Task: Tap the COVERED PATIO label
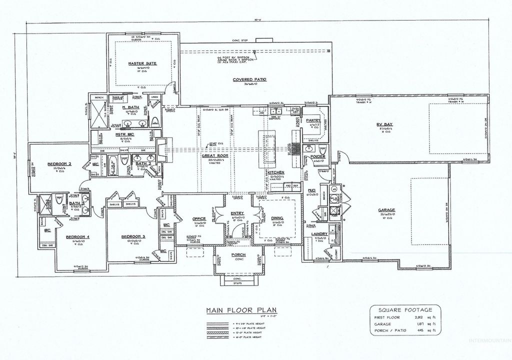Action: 249,79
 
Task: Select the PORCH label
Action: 238,255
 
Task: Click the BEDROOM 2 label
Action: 59,164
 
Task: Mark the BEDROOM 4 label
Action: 77,236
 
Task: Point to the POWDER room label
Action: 317,156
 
